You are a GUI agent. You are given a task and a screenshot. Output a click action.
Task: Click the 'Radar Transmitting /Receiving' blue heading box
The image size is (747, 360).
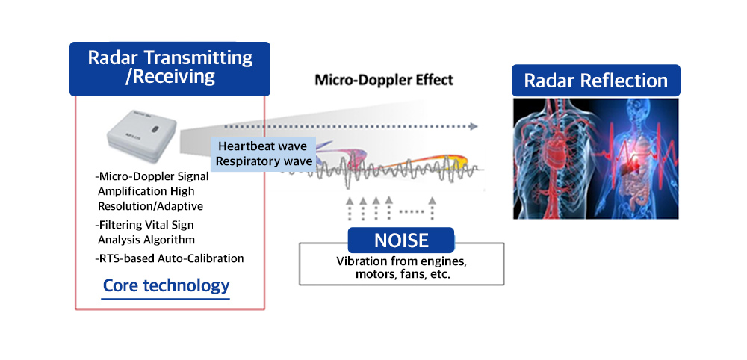(x=170, y=67)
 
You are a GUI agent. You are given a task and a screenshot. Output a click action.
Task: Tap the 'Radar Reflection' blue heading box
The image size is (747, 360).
(x=595, y=81)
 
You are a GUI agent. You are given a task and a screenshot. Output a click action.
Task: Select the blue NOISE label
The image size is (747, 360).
(x=401, y=240)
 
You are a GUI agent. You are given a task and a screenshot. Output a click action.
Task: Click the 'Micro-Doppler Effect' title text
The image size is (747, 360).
(x=383, y=80)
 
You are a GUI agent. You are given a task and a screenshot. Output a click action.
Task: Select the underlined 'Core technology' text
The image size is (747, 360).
(x=166, y=285)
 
